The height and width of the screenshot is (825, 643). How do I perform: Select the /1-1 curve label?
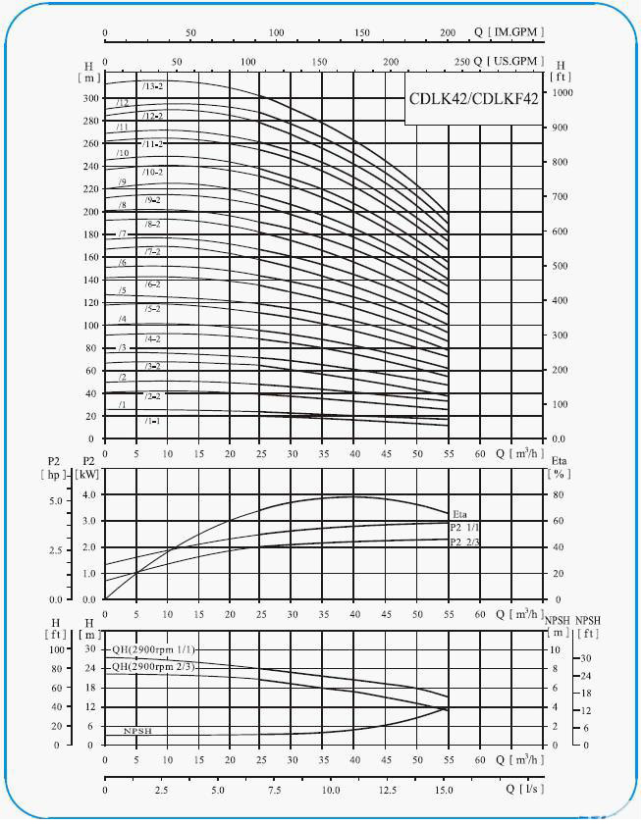coord(152,421)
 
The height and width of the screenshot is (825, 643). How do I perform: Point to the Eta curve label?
coord(459,514)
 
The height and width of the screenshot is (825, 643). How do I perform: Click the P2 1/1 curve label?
coord(465,528)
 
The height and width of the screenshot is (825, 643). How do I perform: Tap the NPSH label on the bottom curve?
coord(137,732)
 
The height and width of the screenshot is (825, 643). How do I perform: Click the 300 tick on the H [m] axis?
coord(91,98)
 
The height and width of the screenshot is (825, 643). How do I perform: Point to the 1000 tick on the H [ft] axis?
coord(562,92)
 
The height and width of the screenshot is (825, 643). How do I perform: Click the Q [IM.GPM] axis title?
coord(509,32)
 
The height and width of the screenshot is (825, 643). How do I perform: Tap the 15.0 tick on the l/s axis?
coord(443,789)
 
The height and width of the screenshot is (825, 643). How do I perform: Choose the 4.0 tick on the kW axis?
coord(90,494)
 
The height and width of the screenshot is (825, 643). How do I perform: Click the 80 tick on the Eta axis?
coord(558,494)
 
